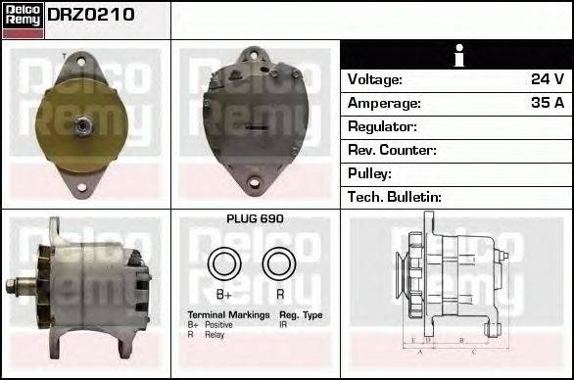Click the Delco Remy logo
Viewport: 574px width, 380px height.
tap(23, 19)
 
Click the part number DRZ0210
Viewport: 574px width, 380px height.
tap(91, 16)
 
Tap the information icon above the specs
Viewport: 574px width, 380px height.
tap(456, 56)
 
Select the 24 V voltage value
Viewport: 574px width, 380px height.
tap(547, 79)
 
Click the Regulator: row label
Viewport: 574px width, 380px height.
tap(382, 126)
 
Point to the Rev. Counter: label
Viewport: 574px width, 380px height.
tap(392, 150)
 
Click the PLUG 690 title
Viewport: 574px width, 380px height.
tap(255, 219)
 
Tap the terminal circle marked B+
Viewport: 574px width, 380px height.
tap(223, 263)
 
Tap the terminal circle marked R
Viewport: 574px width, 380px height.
tap(280, 263)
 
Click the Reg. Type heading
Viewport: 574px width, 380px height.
tap(301, 314)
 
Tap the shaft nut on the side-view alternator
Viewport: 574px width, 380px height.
tap(13, 287)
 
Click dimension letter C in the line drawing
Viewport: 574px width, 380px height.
tap(474, 350)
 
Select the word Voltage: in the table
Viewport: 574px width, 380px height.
tap(375, 79)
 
